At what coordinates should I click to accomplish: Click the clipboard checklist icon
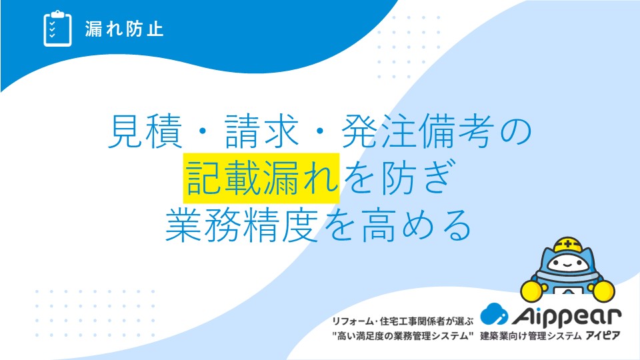pyautogui.click(x=57, y=29)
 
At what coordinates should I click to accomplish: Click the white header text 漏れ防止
pyautogui.click(x=124, y=29)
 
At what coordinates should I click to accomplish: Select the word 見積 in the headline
pyautogui.click(x=145, y=131)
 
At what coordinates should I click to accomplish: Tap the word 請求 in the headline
pyautogui.click(x=262, y=131)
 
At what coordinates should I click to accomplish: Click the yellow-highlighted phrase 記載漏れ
pyautogui.click(x=261, y=178)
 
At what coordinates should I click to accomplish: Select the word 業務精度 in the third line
pyautogui.click(x=241, y=225)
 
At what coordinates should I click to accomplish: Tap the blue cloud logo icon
pyautogui.click(x=494, y=314)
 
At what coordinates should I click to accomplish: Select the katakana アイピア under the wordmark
pyautogui.click(x=603, y=335)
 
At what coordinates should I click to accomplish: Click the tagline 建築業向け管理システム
pyautogui.click(x=531, y=336)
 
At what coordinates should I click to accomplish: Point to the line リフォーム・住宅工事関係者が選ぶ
pyautogui.click(x=403, y=321)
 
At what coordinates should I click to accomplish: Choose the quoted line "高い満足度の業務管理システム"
pyautogui.click(x=403, y=336)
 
